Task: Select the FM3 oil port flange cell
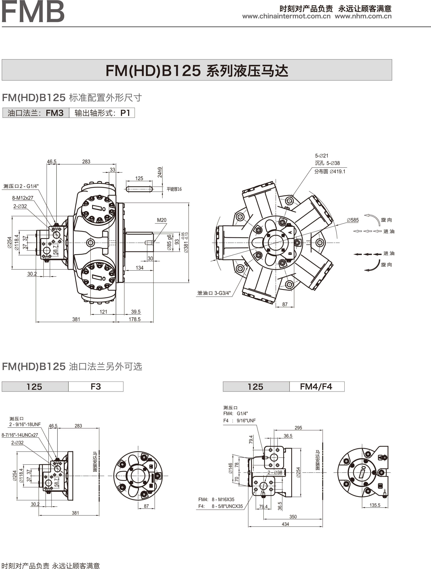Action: click(x=36, y=113)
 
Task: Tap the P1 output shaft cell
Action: click(x=102, y=113)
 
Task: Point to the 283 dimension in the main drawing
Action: click(x=86, y=162)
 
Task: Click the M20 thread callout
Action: click(x=161, y=220)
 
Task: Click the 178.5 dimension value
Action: click(x=134, y=319)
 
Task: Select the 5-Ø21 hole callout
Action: click(x=321, y=156)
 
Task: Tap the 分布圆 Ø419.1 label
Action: click(x=330, y=171)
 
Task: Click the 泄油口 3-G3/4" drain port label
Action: click(x=214, y=293)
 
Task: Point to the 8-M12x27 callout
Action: click(x=23, y=198)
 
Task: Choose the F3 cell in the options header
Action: click(x=96, y=387)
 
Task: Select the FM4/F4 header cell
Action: click(x=316, y=387)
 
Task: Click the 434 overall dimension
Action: click(x=285, y=524)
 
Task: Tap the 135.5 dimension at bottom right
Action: click(x=375, y=505)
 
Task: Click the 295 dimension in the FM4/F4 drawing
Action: click(x=298, y=428)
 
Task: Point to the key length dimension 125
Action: click(x=139, y=178)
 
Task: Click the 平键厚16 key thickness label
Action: click(x=174, y=189)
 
